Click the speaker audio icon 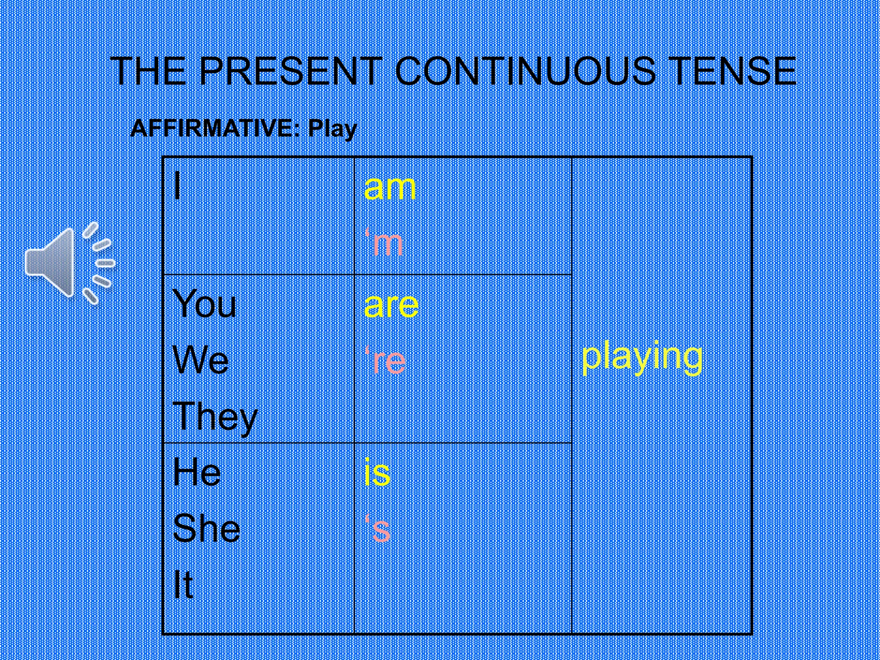point(69,263)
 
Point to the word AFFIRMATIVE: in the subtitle point(215,128)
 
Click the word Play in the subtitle point(333,129)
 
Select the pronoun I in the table point(177,186)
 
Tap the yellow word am point(390,188)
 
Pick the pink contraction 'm point(384,243)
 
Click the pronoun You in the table point(204,303)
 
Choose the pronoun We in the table point(200,360)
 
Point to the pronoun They point(214,417)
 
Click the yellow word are point(391,305)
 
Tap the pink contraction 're point(385,361)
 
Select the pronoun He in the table point(197,472)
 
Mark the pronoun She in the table point(206,528)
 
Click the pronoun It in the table point(183,584)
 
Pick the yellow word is point(377,472)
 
